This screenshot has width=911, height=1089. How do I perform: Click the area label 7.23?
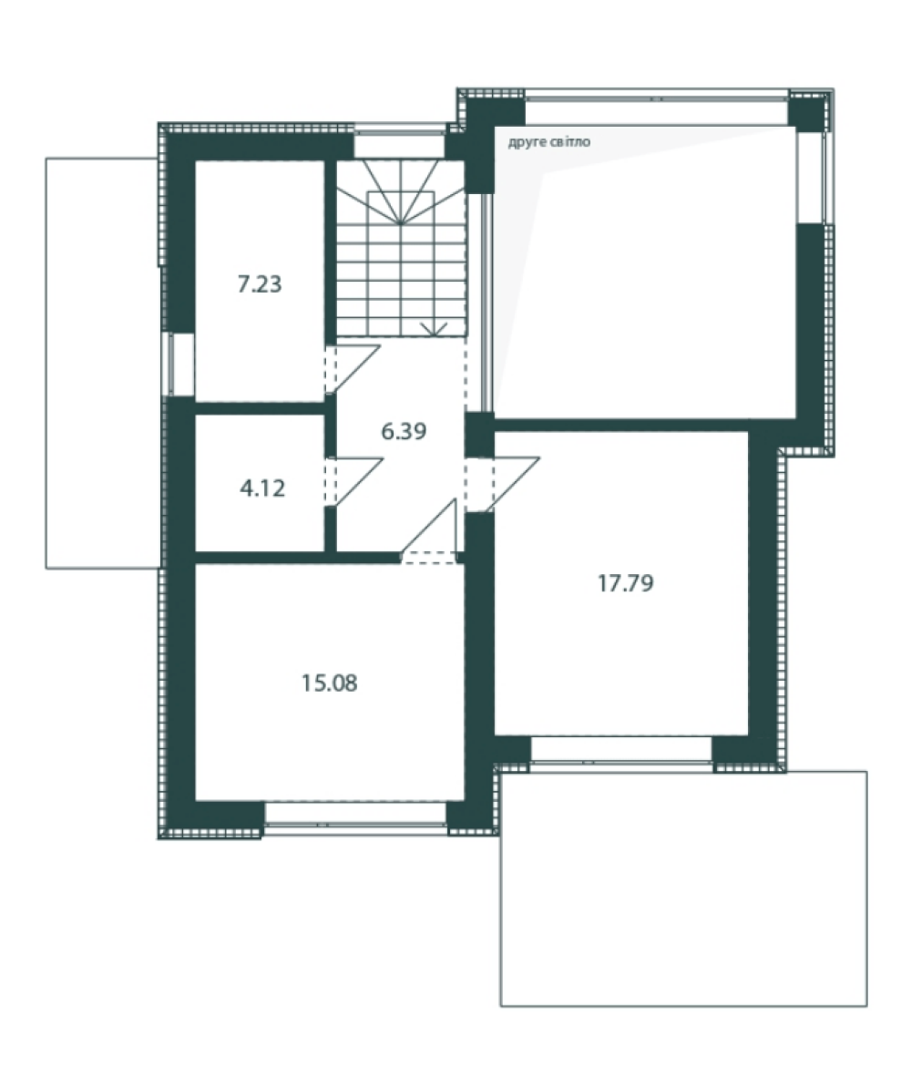(x=260, y=284)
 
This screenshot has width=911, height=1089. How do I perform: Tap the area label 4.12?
(x=262, y=488)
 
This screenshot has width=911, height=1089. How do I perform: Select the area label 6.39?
(x=404, y=431)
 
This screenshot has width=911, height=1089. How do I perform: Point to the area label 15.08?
(x=330, y=683)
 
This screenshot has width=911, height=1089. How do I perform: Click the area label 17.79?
(x=626, y=583)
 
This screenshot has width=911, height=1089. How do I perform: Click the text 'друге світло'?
(x=549, y=142)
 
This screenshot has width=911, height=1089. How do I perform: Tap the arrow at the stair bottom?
(x=435, y=328)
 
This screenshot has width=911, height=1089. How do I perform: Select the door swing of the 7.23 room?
(x=353, y=369)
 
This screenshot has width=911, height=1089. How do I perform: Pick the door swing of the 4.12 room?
(x=354, y=482)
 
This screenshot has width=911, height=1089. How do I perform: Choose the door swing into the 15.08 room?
(x=429, y=531)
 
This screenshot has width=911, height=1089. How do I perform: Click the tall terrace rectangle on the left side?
(x=103, y=364)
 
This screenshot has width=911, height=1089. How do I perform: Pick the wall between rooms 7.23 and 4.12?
(x=261, y=408)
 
